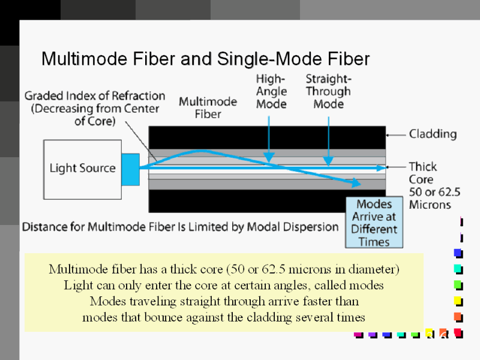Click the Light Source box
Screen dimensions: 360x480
(82, 169)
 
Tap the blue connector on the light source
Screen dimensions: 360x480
(130, 169)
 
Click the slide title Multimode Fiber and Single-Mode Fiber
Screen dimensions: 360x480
(205, 59)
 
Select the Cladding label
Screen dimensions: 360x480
(433, 134)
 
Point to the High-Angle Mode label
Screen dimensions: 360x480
(271, 91)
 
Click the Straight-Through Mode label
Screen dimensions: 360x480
(328, 91)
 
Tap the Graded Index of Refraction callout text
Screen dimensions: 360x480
(95, 108)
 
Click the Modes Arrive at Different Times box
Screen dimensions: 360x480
(374, 223)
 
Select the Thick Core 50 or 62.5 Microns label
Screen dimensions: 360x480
(430, 185)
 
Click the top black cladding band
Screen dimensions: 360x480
(267, 137)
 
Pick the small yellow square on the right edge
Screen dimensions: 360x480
(458, 300)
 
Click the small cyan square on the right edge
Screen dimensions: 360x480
(458, 268)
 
